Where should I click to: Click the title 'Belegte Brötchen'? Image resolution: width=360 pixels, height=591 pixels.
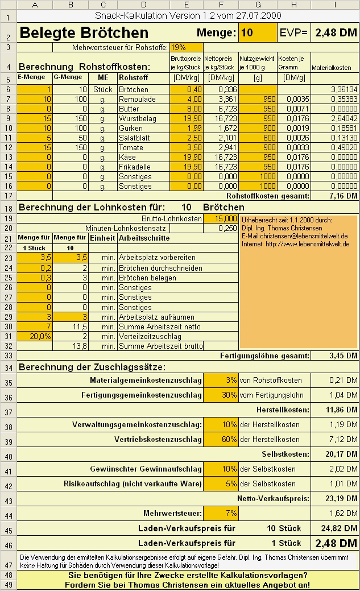click(x=84, y=33)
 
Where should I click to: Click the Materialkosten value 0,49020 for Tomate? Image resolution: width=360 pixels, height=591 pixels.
click(x=335, y=147)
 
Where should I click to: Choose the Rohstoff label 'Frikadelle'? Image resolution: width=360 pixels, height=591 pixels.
click(x=136, y=167)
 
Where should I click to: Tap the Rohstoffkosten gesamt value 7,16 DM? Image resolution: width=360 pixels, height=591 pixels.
click(x=335, y=196)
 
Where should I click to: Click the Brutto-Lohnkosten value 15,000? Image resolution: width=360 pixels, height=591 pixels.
click(x=221, y=218)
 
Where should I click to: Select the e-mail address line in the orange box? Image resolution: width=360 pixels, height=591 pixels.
click(x=295, y=236)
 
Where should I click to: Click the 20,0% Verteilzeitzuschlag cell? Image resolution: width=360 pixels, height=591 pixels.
click(x=35, y=336)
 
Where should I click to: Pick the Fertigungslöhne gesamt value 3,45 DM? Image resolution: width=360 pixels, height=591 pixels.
click(x=335, y=356)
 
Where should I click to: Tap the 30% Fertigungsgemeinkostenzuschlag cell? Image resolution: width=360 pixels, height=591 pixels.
click(x=221, y=395)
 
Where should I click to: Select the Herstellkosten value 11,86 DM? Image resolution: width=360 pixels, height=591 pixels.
click(x=335, y=410)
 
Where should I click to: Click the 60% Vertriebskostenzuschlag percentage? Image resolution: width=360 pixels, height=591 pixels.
click(x=221, y=439)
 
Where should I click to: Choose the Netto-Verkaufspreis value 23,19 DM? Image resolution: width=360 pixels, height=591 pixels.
click(x=335, y=498)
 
